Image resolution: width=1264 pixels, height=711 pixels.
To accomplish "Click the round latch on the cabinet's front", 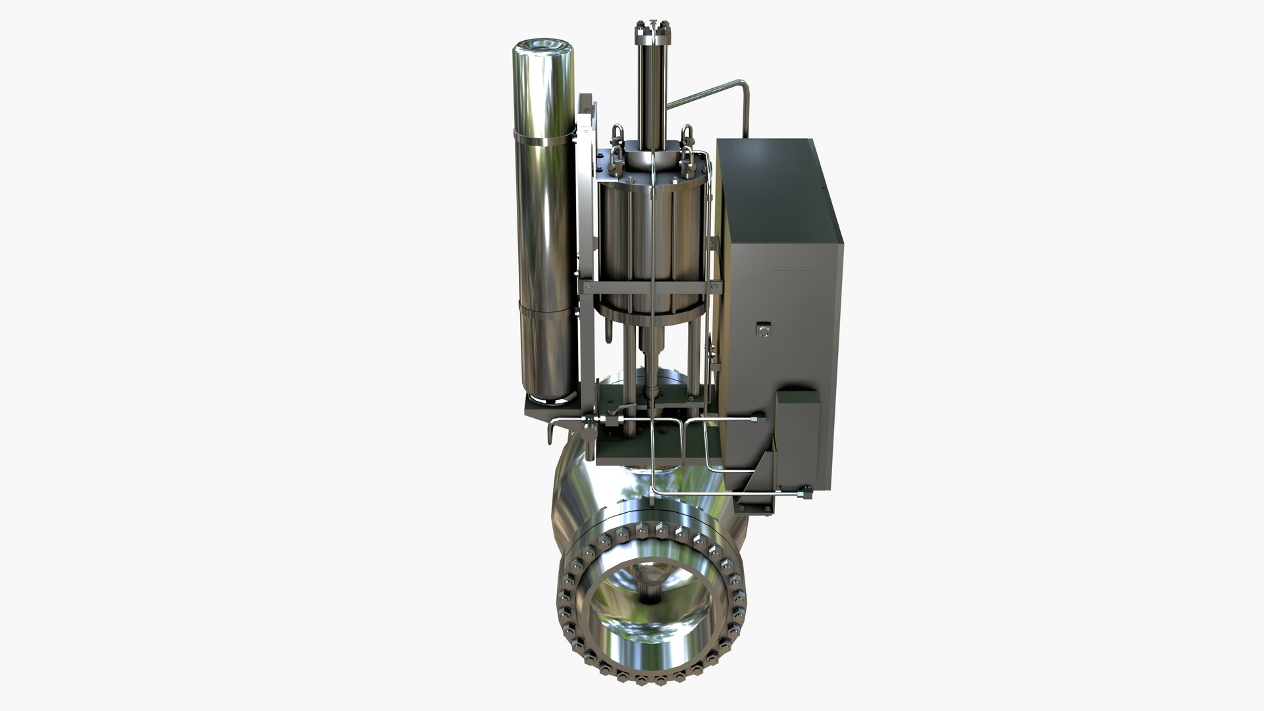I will click(763, 330).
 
